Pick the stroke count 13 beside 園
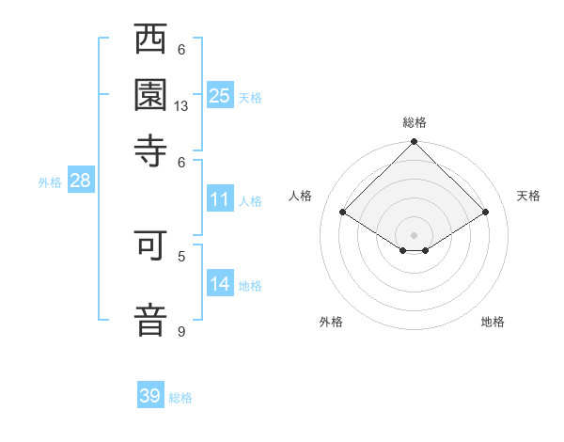pyautogui.click(x=181, y=106)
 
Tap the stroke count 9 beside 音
pyautogui.click(x=181, y=331)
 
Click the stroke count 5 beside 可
pyautogui.click(x=181, y=255)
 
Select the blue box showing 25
pyautogui.click(x=220, y=95)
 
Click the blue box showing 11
pyautogui.click(x=220, y=199)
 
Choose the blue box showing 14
pyautogui.click(x=220, y=284)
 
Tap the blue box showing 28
pyautogui.click(x=80, y=182)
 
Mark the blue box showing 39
pyautogui.click(x=150, y=396)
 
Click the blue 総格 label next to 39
pyautogui.click(x=181, y=398)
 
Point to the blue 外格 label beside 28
pyautogui.click(x=50, y=182)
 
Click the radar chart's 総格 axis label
pyautogui.click(x=415, y=122)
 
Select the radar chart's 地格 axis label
pyautogui.click(x=493, y=322)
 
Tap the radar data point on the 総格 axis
pyautogui.click(x=415, y=143)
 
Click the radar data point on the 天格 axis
pyautogui.click(x=486, y=213)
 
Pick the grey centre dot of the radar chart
pyautogui.click(x=415, y=234)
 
